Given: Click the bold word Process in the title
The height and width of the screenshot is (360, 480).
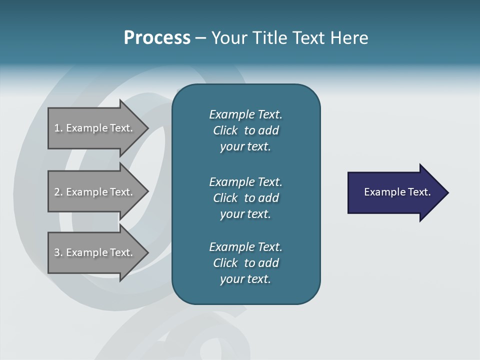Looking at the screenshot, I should pos(157,38).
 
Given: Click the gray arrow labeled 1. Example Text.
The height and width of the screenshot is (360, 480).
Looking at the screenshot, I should pos(95,128).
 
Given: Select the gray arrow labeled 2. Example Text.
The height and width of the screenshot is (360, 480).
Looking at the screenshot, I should pos(95,192).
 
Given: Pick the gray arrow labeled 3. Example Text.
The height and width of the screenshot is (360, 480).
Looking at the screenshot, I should pos(95,252).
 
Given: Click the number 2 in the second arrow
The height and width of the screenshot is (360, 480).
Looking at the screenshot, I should pos(57,192).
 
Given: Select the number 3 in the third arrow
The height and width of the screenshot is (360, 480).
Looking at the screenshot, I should pos(57,252).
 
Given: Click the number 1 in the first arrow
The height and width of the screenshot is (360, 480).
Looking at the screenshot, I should pos(57,128).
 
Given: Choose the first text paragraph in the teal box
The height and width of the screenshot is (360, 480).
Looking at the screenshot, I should pos(245,130).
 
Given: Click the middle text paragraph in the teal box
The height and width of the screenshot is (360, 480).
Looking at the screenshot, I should pos(245,198).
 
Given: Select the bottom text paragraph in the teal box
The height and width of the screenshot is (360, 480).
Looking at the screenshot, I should pos(245,263).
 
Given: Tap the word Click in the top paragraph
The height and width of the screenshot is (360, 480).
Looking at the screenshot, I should pos(225,130).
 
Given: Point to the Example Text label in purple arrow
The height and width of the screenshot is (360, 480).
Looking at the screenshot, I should pos(397,192).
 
